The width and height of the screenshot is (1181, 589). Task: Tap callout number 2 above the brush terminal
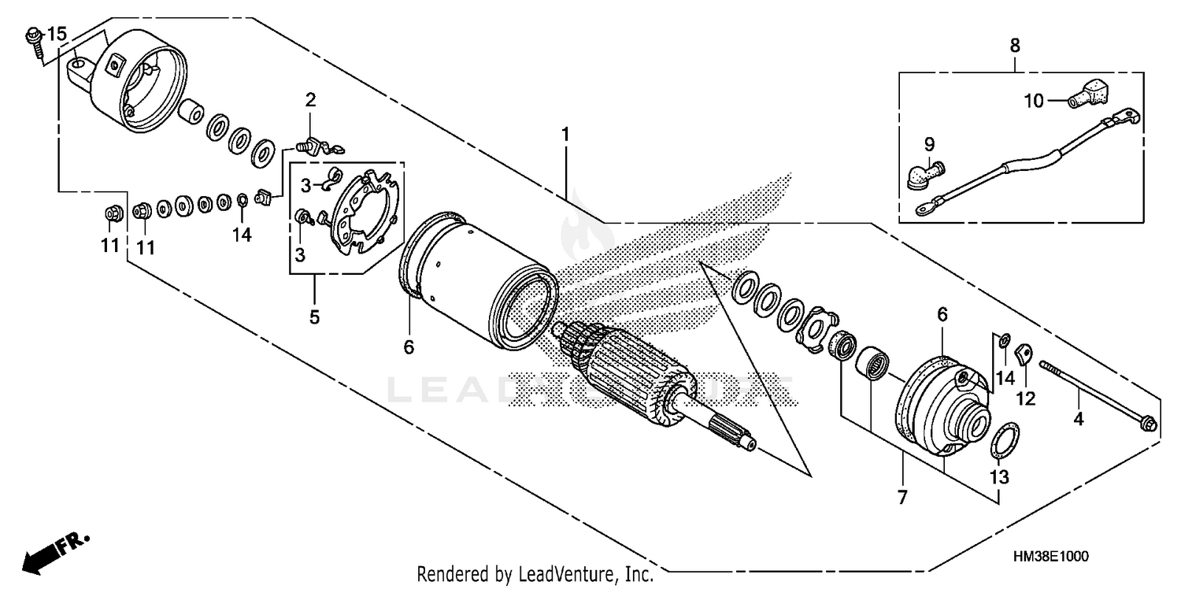click(311, 100)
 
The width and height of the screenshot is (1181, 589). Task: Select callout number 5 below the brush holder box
click(314, 317)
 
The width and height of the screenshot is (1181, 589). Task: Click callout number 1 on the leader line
click(565, 135)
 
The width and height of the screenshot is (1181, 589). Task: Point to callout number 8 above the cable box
click(1014, 46)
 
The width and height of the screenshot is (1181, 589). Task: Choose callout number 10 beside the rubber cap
click(1034, 101)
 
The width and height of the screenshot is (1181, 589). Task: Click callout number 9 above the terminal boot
click(929, 145)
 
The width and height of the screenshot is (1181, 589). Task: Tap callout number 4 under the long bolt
click(1078, 420)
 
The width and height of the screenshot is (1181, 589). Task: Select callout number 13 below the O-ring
click(999, 477)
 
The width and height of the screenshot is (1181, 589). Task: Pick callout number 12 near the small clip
click(1024, 400)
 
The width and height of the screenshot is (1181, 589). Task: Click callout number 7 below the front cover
click(901, 497)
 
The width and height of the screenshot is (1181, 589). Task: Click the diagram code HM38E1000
click(1050, 556)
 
